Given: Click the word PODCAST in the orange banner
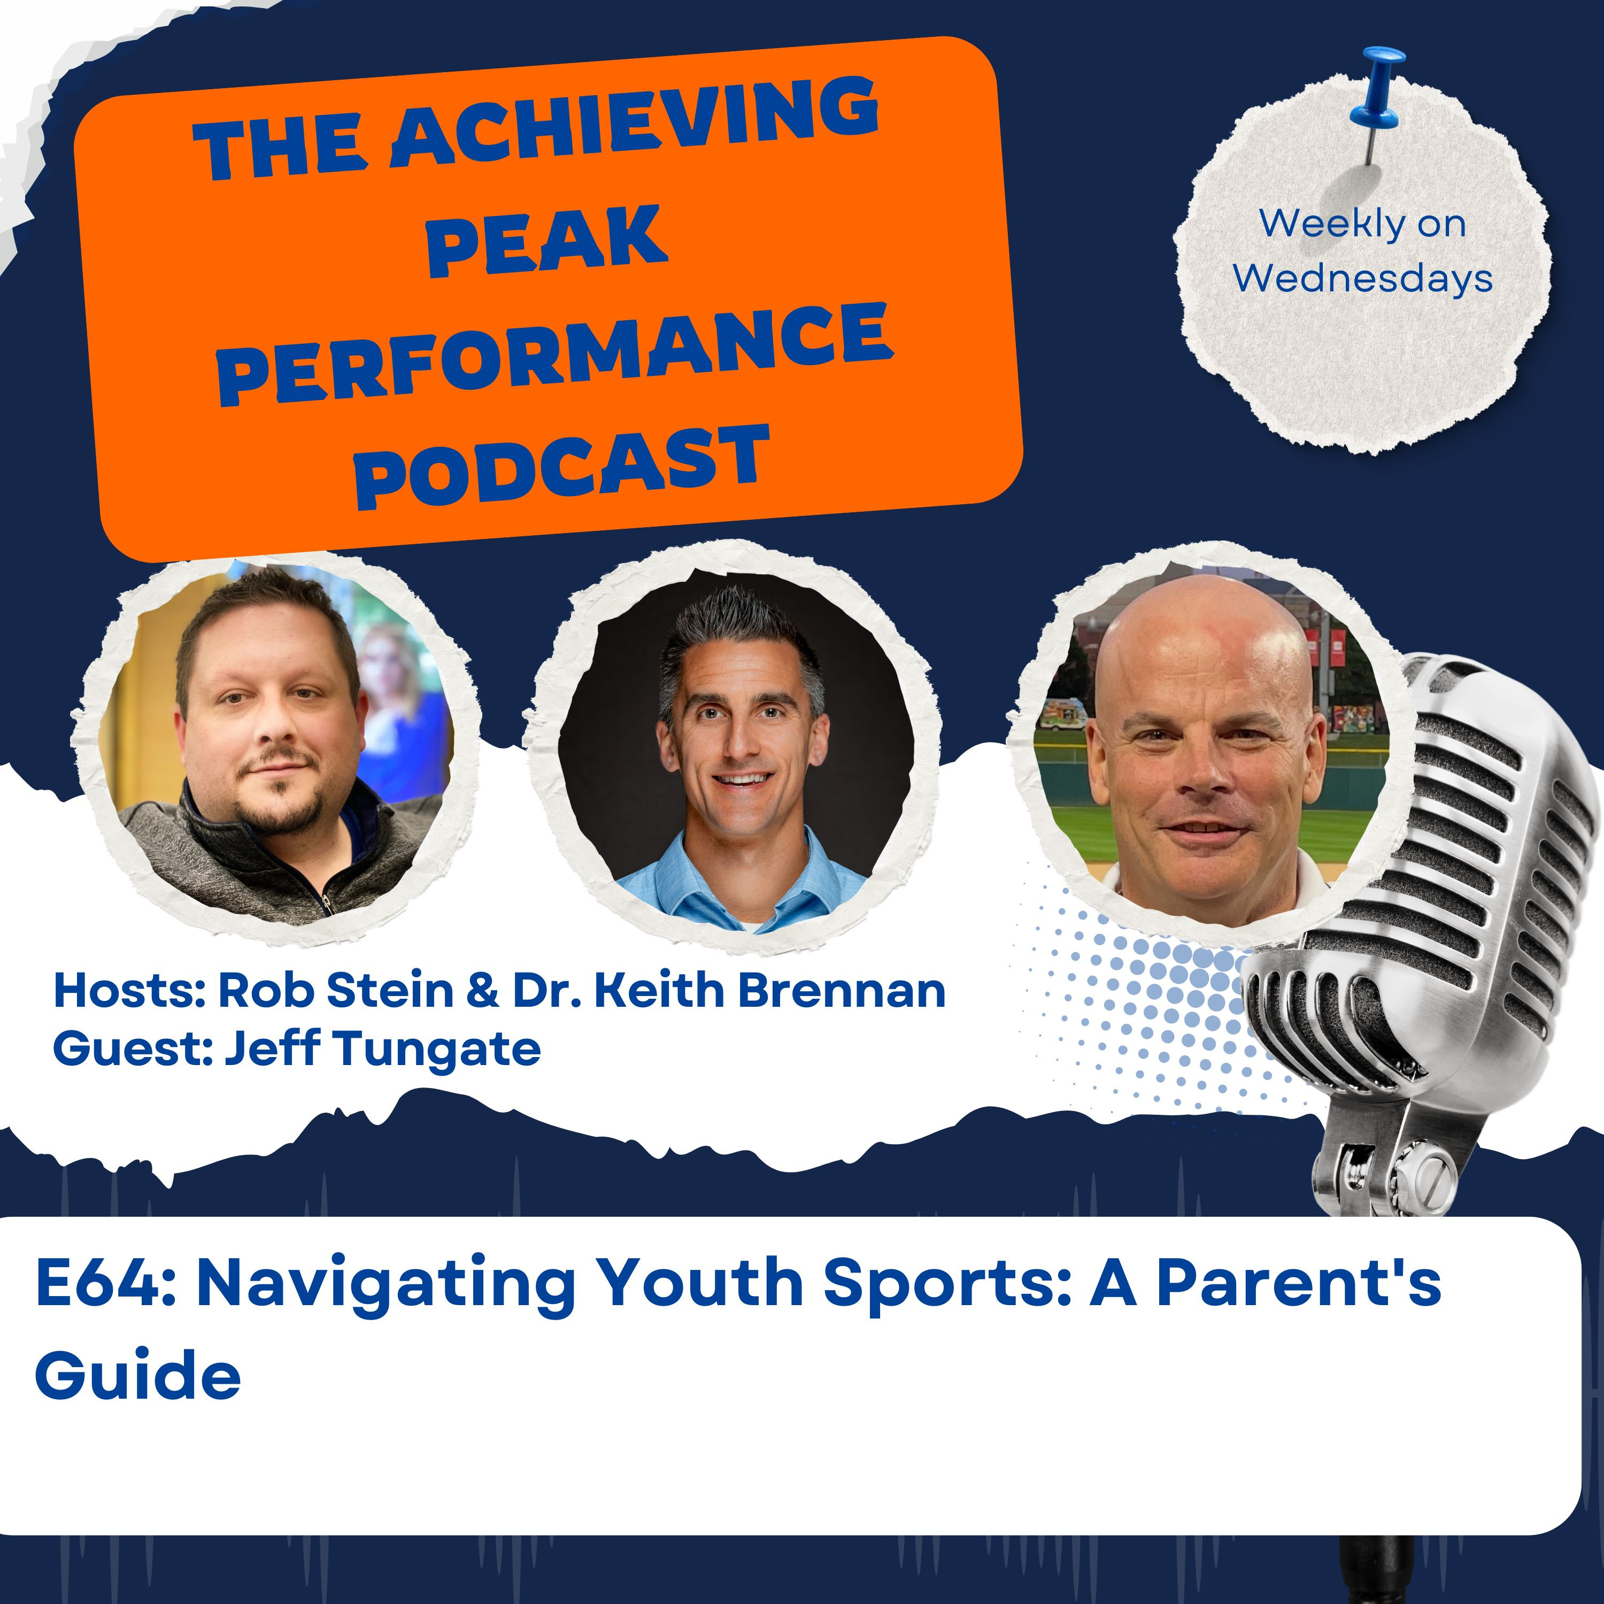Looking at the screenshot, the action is point(562,467).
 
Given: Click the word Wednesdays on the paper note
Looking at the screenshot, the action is point(1362,277).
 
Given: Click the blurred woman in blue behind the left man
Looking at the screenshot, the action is point(402,706).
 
